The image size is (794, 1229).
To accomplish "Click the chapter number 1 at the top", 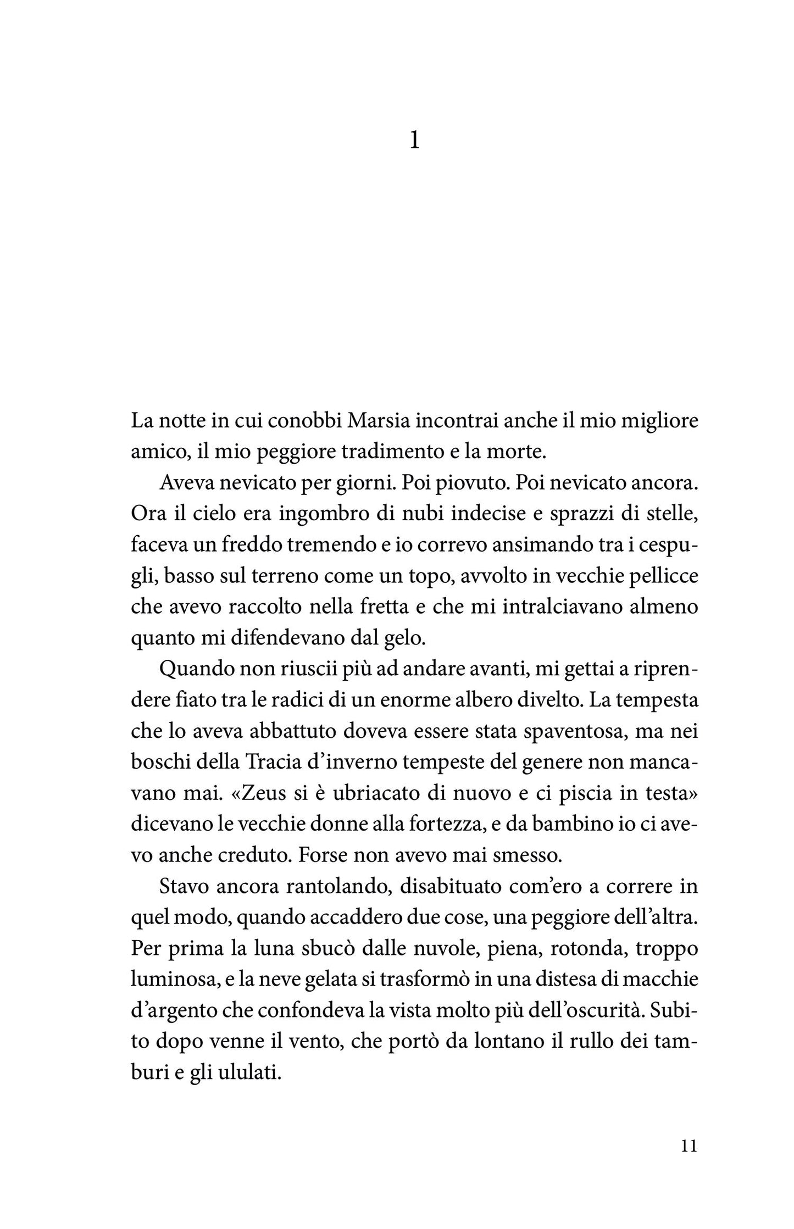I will (x=414, y=141).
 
